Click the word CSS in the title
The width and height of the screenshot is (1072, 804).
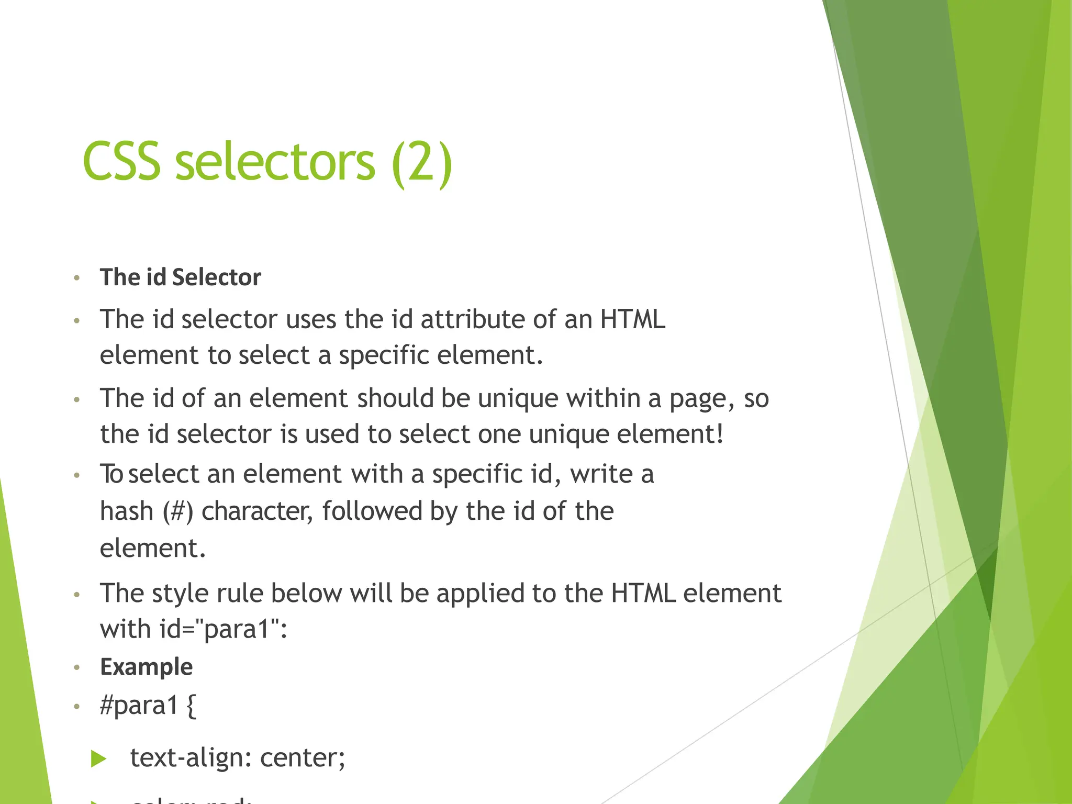(121, 162)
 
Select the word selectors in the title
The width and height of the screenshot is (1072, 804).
(275, 162)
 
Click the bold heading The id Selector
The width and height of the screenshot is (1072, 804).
(180, 277)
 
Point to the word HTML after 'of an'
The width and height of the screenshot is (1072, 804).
(632, 319)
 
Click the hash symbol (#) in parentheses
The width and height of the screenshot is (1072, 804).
(178, 511)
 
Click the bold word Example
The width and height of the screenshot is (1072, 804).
(147, 667)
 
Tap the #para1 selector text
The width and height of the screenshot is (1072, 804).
(139, 706)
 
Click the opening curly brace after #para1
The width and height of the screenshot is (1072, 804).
(191, 706)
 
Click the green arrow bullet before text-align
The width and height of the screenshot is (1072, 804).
(98, 758)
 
